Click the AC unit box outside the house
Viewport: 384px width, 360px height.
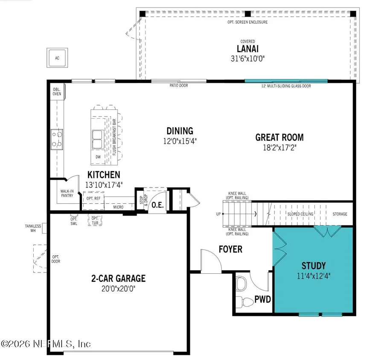coord(57,59)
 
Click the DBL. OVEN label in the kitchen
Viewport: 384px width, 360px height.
coord(56,92)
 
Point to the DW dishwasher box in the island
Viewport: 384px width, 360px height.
coord(98,157)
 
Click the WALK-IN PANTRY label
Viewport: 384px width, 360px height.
coord(67,193)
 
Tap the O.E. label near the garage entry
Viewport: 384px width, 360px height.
coord(157,205)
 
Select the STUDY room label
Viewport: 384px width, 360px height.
coord(314,265)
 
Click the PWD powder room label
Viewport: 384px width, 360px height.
coord(263,299)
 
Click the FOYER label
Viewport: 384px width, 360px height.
coord(230,249)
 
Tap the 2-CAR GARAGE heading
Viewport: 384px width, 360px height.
coord(118,278)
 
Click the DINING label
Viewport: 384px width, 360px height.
coord(180,131)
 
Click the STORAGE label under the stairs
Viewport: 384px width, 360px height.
coord(340,214)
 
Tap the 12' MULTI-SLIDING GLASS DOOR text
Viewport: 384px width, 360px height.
coord(286,86)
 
